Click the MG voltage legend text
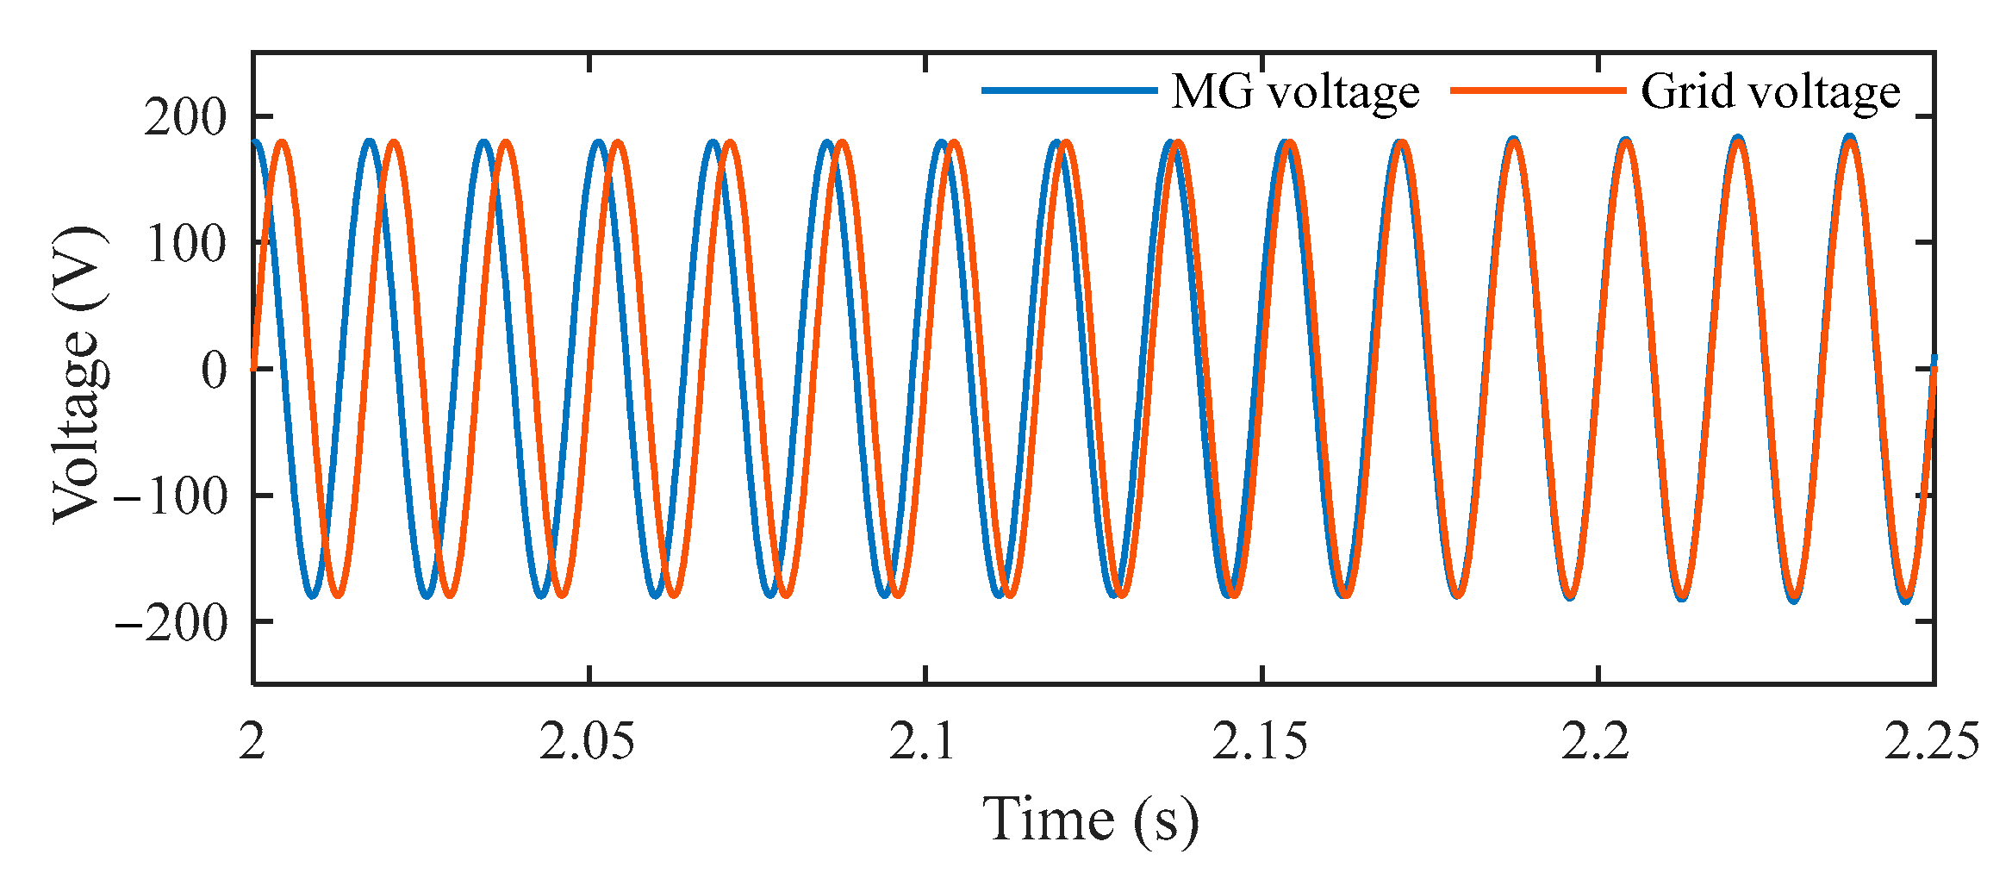coord(1294,92)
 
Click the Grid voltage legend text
coord(1769,92)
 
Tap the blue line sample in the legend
coord(1068,90)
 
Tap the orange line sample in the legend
coord(1538,90)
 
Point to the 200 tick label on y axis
coord(185,117)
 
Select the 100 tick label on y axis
coord(185,244)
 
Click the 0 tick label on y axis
coord(214,371)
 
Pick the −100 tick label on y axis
coord(171,497)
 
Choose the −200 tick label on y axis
coord(171,623)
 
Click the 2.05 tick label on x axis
coord(588,741)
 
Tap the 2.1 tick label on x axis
coord(923,741)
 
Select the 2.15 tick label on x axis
coord(1260,741)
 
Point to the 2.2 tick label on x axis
coord(1596,741)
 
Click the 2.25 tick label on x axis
coord(1931,741)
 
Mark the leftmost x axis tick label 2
coord(252,741)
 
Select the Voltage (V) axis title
coord(79,374)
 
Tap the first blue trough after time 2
coord(313,596)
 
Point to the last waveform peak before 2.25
coord(1849,138)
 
